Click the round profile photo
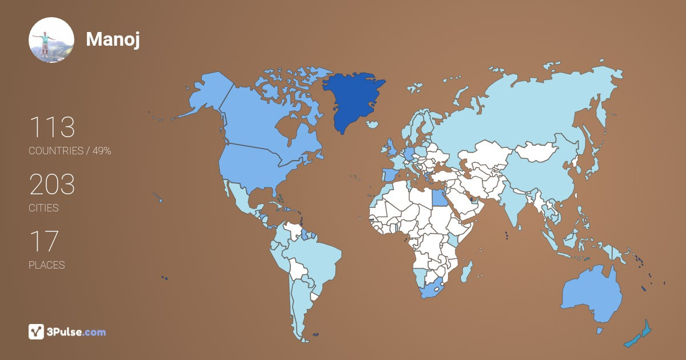(51, 39)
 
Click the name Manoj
(113, 39)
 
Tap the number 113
(52, 127)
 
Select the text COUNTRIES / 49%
(70, 151)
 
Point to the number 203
(52, 185)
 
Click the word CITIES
(43, 208)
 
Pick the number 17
(43, 241)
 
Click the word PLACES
(46, 265)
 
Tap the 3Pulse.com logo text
(77, 331)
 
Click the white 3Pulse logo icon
(37, 331)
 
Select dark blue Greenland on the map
(352, 100)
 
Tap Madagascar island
(467, 269)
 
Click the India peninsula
(514, 206)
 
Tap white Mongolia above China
(537, 151)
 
